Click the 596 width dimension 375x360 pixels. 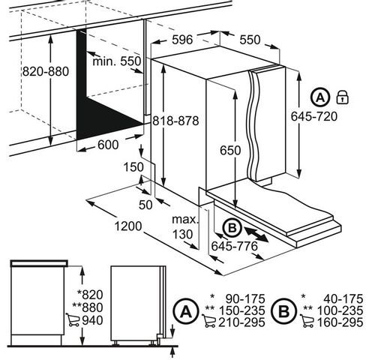pos(182,40)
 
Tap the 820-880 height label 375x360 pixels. pos(46,71)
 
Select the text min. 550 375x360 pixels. pos(117,61)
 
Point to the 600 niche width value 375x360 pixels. pos(108,145)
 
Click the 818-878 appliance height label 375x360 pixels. pos(175,121)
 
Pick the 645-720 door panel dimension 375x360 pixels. pos(314,116)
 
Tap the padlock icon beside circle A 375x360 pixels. pos(343,97)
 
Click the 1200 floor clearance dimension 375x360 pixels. pos(128,226)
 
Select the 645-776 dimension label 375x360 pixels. pos(234,246)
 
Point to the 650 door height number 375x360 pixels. pos(230,150)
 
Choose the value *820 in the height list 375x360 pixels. pos(90,295)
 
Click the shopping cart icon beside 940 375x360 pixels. pos(73,320)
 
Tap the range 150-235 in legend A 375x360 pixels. pos(241,310)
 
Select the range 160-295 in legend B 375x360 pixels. pos(340,322)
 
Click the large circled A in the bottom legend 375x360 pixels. pos(186,311)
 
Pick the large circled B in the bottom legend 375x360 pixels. pos(283,311)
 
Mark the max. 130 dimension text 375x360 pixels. pos(185,227)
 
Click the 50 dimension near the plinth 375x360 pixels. pos(145,205)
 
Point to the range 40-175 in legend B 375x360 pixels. pos(343,299)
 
